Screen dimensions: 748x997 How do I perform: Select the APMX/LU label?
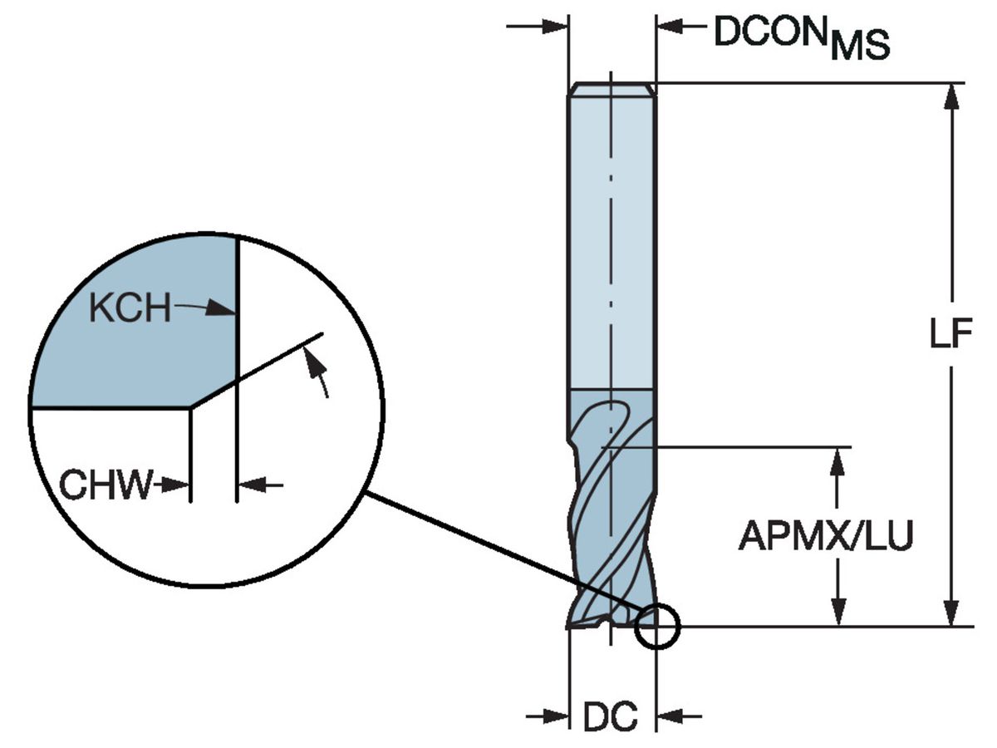tap(825, 537)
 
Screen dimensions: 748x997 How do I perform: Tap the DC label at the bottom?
tap(610, 716)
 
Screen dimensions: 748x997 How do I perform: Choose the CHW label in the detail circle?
tap(106, 485)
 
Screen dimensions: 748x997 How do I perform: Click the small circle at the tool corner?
tap(656, 625)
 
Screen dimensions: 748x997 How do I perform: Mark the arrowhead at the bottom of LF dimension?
tap(952, 613)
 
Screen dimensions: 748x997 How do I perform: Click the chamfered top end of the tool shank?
tap(611, 89)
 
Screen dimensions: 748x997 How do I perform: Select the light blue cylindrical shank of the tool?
tap(611, 241)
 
